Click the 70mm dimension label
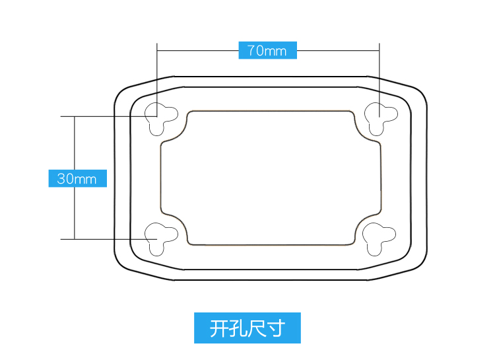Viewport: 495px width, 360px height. tap(267, 50)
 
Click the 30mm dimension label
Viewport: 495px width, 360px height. tap(77, 178)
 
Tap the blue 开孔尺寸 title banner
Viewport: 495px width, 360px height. tap(247, 328)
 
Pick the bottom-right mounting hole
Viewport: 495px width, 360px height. tap(379, 237)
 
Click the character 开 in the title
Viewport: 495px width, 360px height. tap(220, 328)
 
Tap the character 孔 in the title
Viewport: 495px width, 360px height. tap(238, 328)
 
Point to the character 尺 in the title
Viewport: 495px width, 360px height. tap(257, 328)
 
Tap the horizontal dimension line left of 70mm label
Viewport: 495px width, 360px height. tap(198, 50)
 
